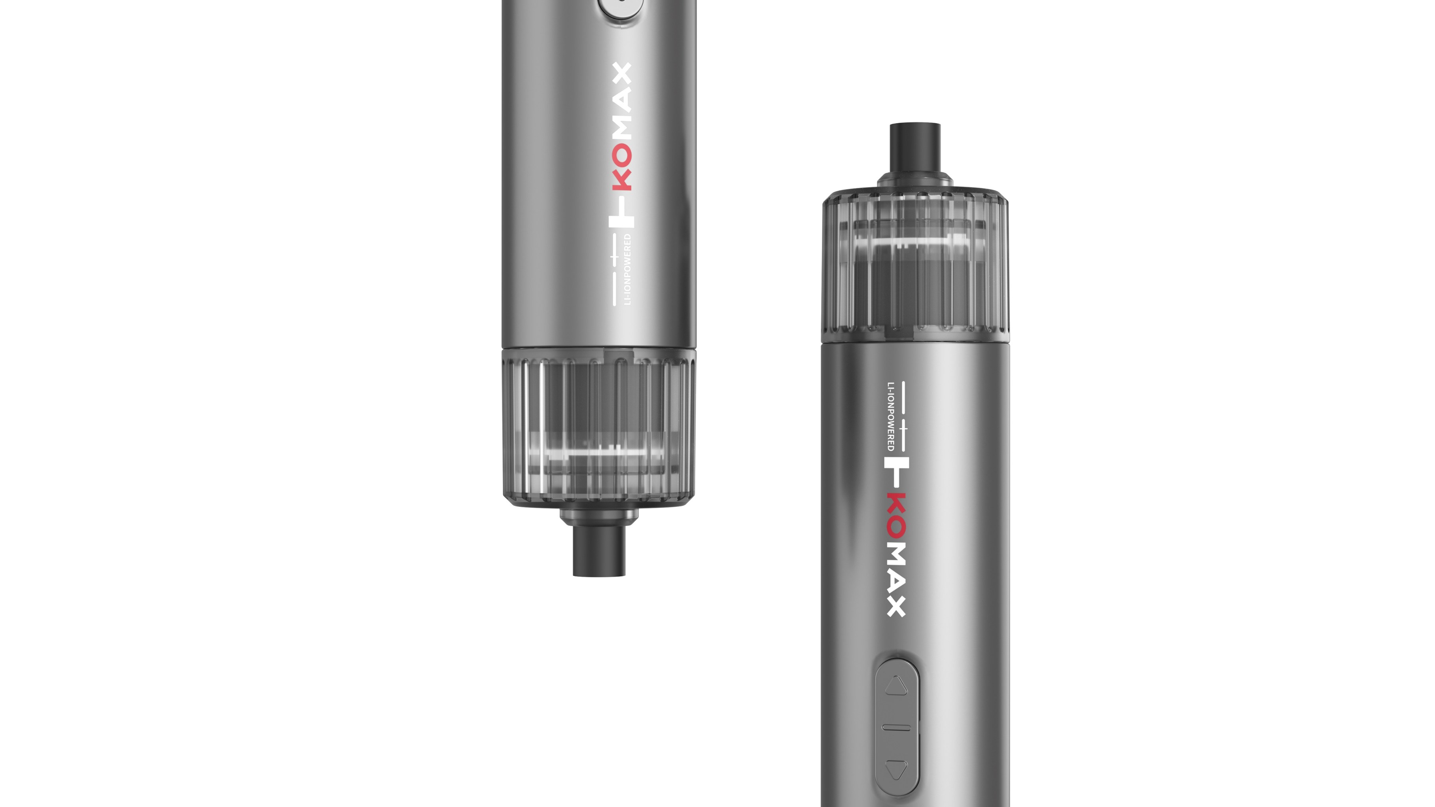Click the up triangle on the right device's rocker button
(896, 686)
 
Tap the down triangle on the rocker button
(896, 770)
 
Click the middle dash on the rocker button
(896, 728)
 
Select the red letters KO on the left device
(622, 167)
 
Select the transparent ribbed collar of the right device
(915, 265)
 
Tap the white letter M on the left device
(622, 129)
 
